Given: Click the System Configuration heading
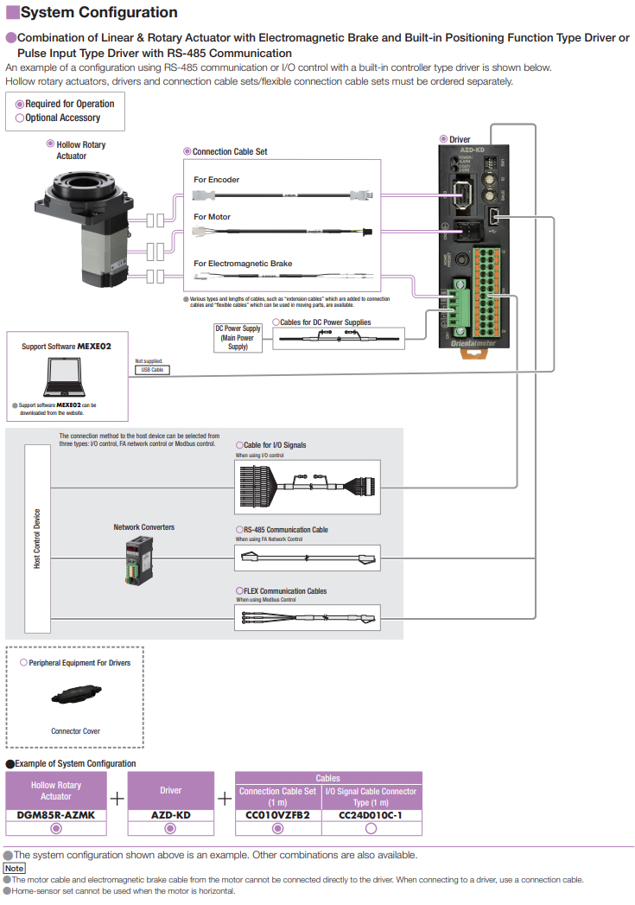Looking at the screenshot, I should [x=98, y=13].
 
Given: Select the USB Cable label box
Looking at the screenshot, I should [x=151, y=370].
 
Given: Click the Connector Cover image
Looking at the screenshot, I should [x=75, y=695].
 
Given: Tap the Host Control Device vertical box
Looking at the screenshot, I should [x=37, y=538].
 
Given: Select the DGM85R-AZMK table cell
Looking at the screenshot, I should [x=56, y=814].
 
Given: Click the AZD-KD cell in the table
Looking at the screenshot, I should [x=170, y=814].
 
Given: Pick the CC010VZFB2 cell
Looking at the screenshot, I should [x=277, y=814].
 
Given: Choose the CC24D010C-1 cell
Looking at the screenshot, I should [x=371, y=814].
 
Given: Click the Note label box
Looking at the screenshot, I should [x=15, y=868].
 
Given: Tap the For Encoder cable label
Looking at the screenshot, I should [x=217, y=180].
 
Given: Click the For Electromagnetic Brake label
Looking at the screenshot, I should [x=243, y=264].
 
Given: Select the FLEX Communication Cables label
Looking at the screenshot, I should [x=285, y=591].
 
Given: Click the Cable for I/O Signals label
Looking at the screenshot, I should [x=275, y=445].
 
